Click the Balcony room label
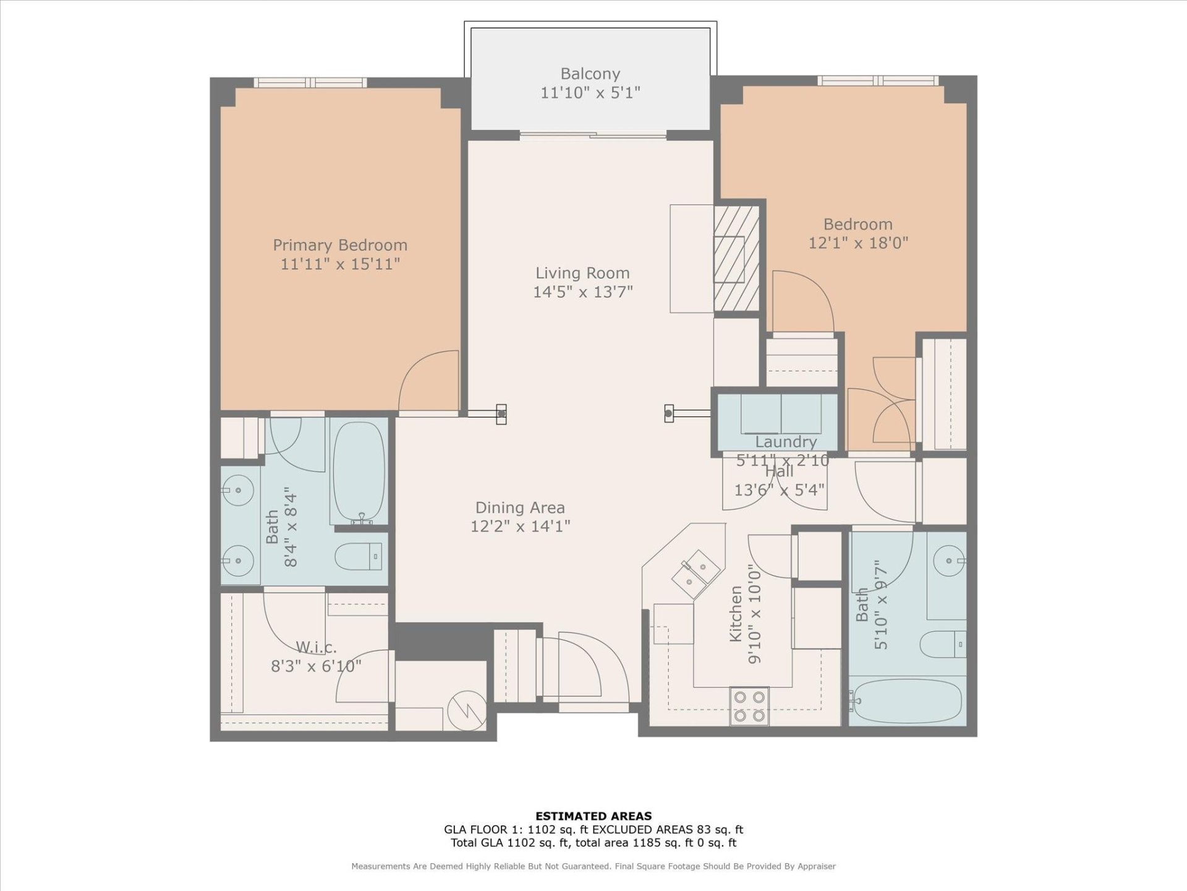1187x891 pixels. pyautogui.click(x=590, y=74)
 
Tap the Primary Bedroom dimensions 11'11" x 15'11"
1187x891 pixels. pyautogui.click(x=340, y=264)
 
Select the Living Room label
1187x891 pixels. pyautogui.click(x=582, y=273)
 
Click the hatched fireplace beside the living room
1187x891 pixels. pyautogui.click(x=736, y=259)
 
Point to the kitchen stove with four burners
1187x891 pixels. pyautogui.click(x=749, y=706)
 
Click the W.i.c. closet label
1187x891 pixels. pyautogui.click(x=316, y=648)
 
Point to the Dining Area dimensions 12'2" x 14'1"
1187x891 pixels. pyautogui.click(x=520, y=527)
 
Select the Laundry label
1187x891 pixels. pyautogui.click(x=786, y=442)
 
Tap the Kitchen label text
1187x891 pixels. pyautogui.click(x=736, y=614)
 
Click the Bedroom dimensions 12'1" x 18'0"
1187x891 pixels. pyautogui.click(x=858, y=243)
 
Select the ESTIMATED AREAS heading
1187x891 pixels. pyautogui.click(x=593, y=816)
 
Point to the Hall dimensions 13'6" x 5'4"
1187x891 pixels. pyautogui.click(x=779, y=490)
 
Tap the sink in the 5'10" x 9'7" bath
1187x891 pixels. pyautogui.click(x=947, y=561)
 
